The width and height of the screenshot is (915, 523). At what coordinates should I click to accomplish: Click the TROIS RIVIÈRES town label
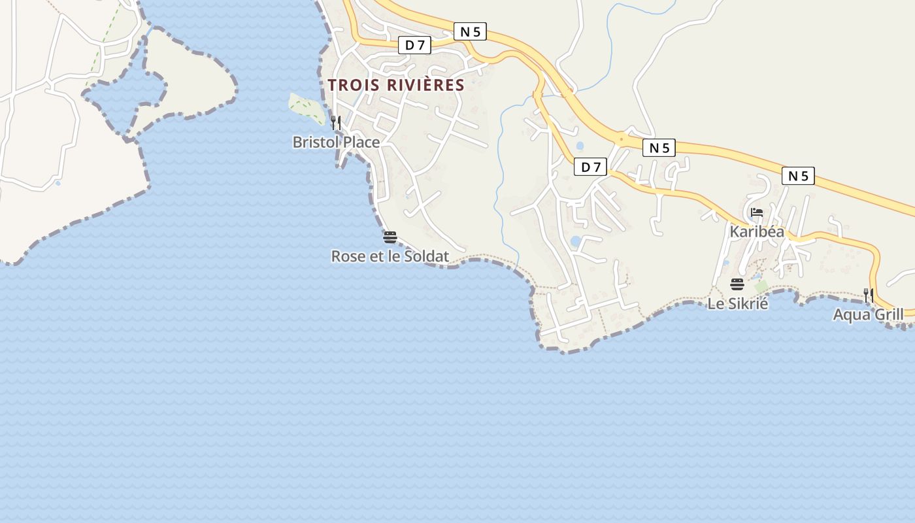[x=396, y=85]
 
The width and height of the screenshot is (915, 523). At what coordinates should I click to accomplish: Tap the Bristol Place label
[x=336, y=142]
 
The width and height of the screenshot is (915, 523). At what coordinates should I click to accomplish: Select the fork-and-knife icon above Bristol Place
[x=335, y=122]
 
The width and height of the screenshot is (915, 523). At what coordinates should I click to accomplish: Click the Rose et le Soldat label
[x=390, y=256]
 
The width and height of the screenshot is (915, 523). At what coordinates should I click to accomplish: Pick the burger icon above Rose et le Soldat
[x=390, y=237]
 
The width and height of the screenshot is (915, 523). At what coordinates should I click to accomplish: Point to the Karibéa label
[x=757, y=231]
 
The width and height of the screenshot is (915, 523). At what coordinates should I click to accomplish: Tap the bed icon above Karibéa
[x=757, y=212]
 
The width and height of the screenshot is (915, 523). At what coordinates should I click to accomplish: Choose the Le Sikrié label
[x=737, y=303]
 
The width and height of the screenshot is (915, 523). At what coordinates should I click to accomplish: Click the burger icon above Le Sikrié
[x=737, y=284]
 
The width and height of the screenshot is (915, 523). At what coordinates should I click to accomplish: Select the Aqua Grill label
[x=868, y=315]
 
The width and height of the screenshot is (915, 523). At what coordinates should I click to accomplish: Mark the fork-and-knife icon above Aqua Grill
[x=868, y=295]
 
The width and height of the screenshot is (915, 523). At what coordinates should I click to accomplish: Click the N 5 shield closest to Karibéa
[x=798, y=175]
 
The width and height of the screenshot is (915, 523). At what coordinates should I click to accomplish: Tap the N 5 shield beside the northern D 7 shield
[x=470, y=31]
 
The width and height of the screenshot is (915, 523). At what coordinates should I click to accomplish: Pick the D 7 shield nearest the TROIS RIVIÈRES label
[x=415, y=45]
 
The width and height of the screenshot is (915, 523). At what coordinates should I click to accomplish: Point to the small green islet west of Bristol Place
[x=306, y=108]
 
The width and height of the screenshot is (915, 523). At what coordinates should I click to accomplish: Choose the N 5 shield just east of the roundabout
[x=659, y=148]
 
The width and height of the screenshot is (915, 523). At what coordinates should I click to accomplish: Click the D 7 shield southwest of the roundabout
[x=591, y=167]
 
